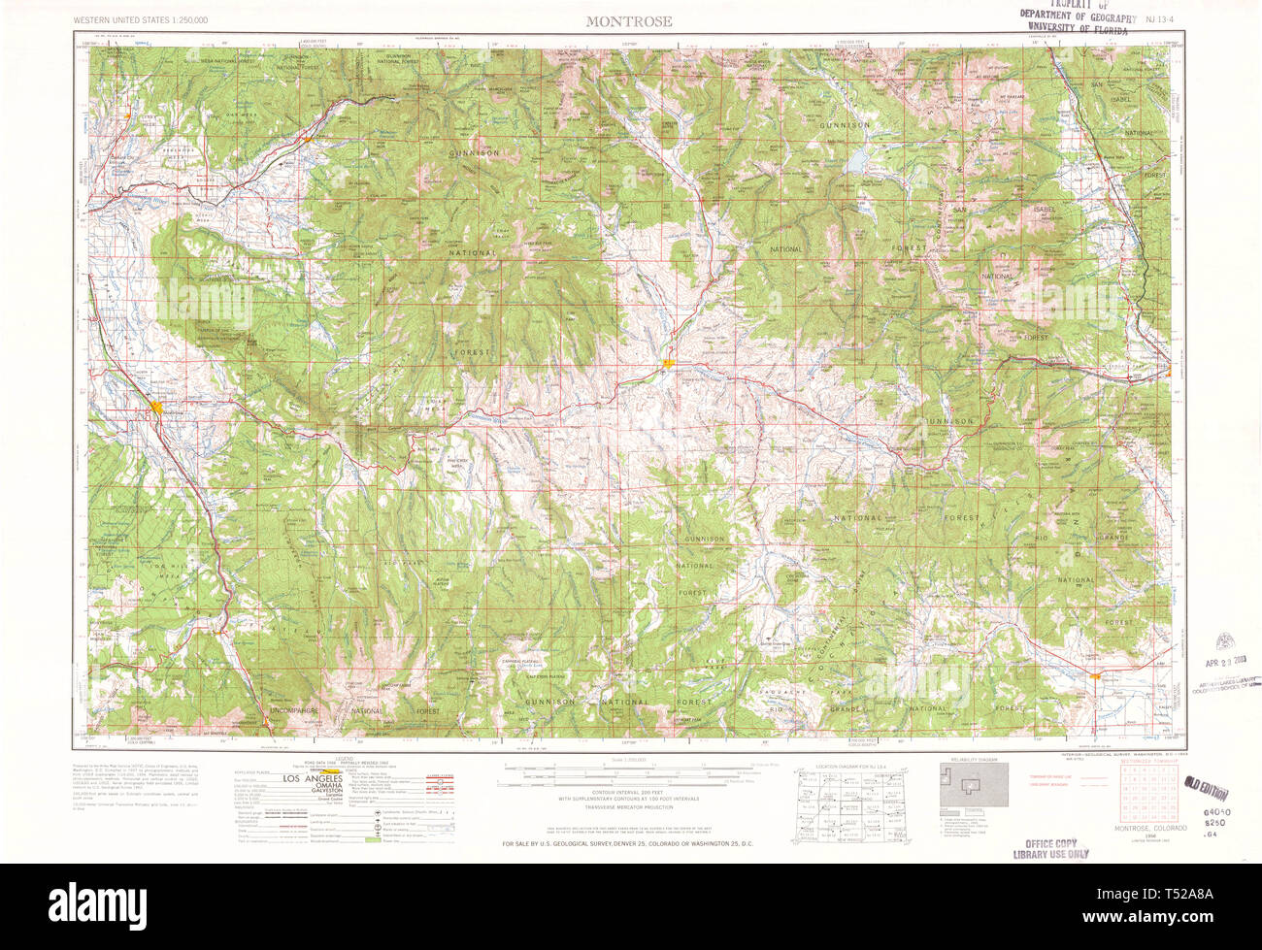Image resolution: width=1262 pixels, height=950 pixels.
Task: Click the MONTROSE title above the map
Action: [x=628, y=21]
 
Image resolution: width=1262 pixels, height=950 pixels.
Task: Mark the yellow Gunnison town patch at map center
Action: [x=668, y=364]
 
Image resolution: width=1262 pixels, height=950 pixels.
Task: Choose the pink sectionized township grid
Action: [x=1141, y=792]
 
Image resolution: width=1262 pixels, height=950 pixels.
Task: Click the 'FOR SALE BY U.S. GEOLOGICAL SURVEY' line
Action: [x=628, y=844]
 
